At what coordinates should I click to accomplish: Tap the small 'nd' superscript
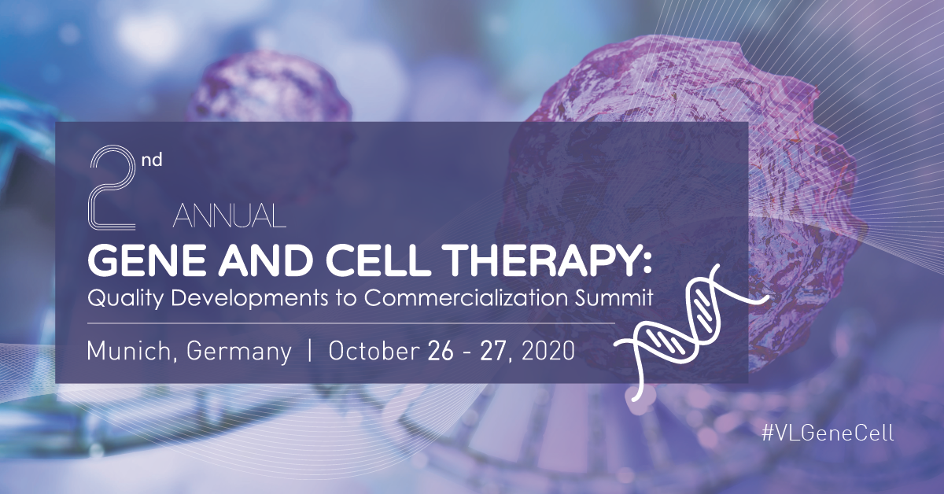152,160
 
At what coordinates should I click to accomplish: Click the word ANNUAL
229,216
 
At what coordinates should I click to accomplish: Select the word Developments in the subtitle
249,298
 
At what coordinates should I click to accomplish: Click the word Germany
239,352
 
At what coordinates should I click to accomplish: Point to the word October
374,351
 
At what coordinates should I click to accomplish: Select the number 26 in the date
441,351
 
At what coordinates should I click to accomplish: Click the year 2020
548,351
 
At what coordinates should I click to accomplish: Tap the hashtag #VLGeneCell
828,433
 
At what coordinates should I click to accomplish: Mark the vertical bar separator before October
310,351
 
